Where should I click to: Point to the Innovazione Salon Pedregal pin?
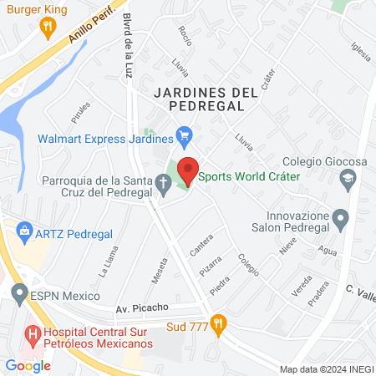point(340,220)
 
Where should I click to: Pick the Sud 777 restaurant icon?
point(219,323)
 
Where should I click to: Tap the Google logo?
point(28,364)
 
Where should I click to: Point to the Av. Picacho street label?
point(143,307)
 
